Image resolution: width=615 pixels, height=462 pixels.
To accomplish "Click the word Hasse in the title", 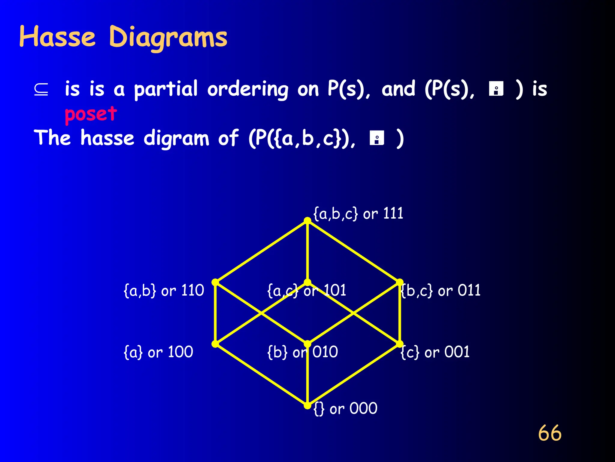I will coord(57,37).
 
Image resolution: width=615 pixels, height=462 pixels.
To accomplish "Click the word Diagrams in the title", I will coord(168,38).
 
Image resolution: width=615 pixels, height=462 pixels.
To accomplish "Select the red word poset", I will coord(91,114).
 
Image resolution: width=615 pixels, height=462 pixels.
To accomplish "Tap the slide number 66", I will coord(550,433).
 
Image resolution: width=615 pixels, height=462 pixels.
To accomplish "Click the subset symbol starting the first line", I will coord(41,89).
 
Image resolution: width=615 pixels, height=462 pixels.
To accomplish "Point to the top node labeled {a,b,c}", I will coord(307,221).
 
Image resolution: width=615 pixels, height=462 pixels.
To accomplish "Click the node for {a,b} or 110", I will coord(215,282).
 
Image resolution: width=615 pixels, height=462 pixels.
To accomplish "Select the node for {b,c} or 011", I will coord(400,282).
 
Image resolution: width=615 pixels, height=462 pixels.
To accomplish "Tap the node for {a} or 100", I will coord(215,344).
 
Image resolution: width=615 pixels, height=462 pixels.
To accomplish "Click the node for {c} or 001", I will coord(400,344).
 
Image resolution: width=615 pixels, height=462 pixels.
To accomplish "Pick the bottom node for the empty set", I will coord(307,406).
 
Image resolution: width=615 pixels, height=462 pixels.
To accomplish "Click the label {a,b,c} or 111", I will coord(358,214).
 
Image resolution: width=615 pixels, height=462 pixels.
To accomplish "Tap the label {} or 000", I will coord(345,409).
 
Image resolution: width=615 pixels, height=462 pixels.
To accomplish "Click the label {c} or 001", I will coord(435,352).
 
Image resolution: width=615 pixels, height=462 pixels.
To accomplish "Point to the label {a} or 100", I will coord(158,352).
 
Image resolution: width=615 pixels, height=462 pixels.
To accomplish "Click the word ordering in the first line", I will coord(248,90).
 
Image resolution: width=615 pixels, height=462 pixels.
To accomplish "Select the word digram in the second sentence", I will coord(176,139).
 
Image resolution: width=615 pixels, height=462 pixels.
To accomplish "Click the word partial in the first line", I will coord(166,89).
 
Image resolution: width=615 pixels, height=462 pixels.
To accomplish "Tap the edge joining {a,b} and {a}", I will coord(215,313).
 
